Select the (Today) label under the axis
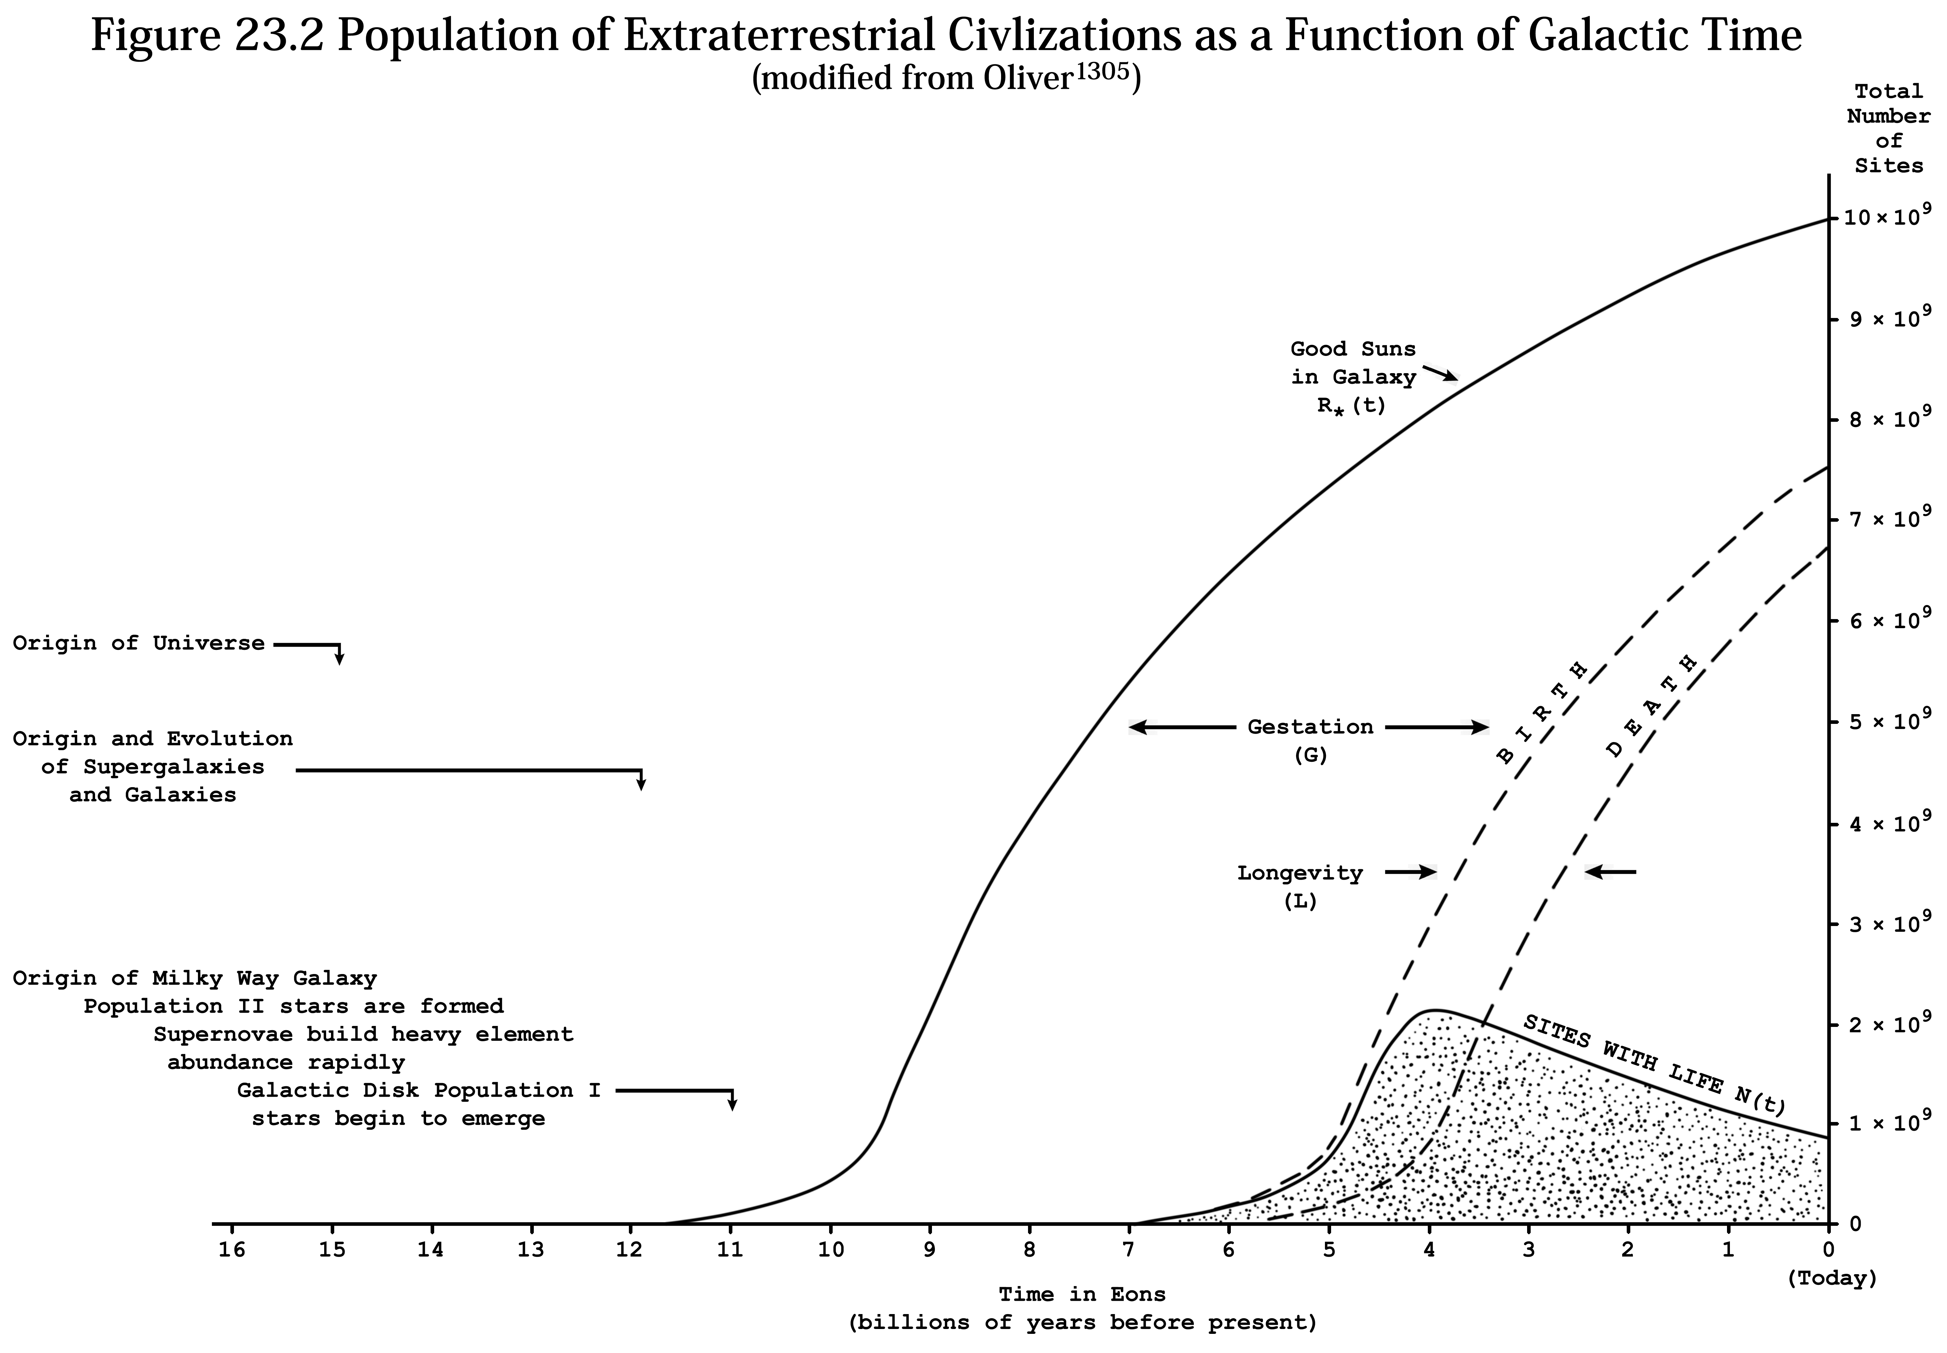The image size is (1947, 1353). [1832, 1278]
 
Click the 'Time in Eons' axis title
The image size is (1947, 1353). [1082, 1295]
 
